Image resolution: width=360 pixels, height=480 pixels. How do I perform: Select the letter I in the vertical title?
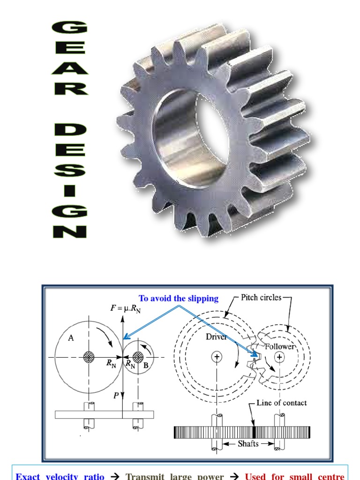69,190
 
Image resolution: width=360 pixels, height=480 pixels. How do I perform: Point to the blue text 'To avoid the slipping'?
178,299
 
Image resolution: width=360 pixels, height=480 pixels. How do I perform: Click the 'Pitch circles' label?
261,297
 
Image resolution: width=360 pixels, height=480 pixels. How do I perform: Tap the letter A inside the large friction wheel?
71,338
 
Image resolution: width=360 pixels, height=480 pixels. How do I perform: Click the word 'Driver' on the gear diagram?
216,337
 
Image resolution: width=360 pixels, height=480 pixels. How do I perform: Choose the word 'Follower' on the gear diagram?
280,347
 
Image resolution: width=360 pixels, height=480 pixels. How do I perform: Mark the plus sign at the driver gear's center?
217,357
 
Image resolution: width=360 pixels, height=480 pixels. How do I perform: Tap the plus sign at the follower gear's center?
279,357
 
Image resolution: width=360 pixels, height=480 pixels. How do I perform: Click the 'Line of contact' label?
282,403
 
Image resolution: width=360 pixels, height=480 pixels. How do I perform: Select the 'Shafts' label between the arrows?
248,443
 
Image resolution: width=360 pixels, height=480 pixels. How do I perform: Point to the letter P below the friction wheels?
115,395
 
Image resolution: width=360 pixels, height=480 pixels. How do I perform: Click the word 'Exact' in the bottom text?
28,476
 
